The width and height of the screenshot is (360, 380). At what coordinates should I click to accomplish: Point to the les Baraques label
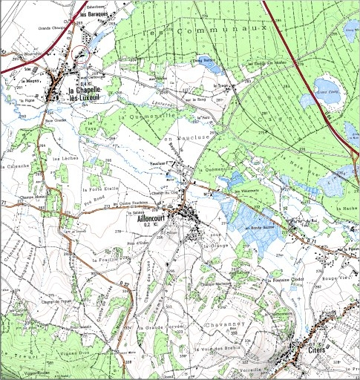tap(92, 14)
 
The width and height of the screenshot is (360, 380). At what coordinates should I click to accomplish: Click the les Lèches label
tap(61, 157)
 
